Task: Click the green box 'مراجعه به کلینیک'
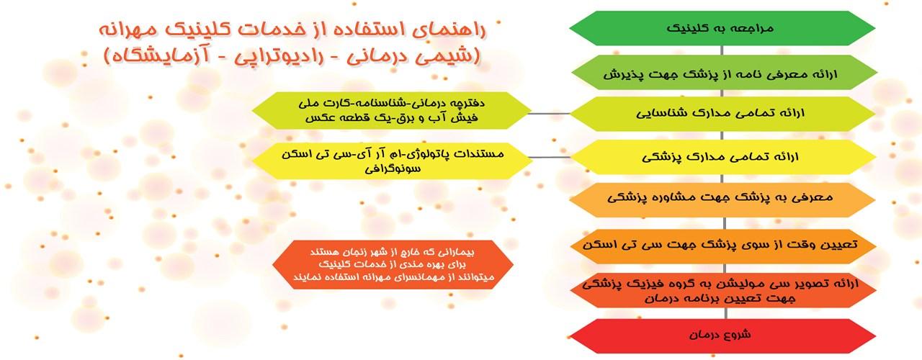[x=722, y=28]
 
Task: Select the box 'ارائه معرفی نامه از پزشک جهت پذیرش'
[x=724, y=73]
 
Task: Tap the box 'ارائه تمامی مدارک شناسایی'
[x=722, y=114]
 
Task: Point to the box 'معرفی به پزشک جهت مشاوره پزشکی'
[x=722, y=200]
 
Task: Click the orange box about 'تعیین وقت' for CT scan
[x=723, y=246]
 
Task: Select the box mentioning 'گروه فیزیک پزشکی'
[x=723, y=290]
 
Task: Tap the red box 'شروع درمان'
[x=722, y=336]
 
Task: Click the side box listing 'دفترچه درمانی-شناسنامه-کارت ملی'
[x=392, y=111]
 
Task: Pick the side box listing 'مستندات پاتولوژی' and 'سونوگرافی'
[x=392, y=161]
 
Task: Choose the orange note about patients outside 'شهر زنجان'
[x=393, y=265]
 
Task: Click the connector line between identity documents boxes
[x=550, y=114]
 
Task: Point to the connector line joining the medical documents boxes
[x=550, y=157]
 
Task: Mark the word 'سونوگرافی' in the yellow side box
[x=393, y=168]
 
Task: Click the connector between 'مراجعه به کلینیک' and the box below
[x=722, y=50]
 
